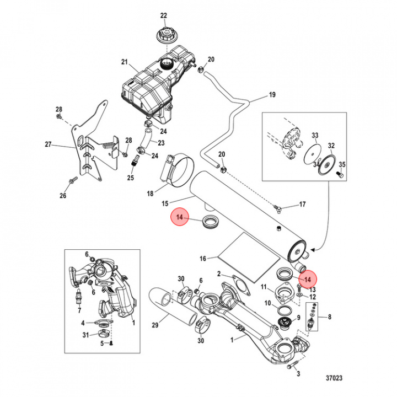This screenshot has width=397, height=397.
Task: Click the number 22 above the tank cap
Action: pyautogui.click(x=164, y=15)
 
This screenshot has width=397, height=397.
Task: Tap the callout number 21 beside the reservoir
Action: pyautogui.click(x=124, y=62)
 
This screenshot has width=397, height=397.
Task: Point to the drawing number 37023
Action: pyautogui.click(x=334, y=378)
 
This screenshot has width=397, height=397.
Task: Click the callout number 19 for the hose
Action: pyautogui.click(x=272, y=95)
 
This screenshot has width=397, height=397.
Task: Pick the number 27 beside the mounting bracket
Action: pyautogui.click(x=48, y=144)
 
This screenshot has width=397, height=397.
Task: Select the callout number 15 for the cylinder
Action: pyautogui.click(x=165, y=203)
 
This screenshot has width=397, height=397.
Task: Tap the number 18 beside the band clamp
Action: pyautogui.click(x=150, y=194)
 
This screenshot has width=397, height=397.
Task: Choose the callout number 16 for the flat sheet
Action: pyautogui.click(x=203, y=259)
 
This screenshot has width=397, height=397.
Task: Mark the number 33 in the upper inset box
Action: pyautogui.click(x=315, y=136)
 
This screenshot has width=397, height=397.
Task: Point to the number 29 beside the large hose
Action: pyautogui.click(x=155, y=325)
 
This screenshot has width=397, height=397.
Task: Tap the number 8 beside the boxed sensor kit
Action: pyautogui.click(x=329, y=316)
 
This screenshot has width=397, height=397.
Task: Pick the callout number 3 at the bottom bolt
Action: pyautogui.click(x=298, y=373)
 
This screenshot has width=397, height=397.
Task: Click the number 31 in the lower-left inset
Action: pyautogui.click(x=85, y=335)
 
